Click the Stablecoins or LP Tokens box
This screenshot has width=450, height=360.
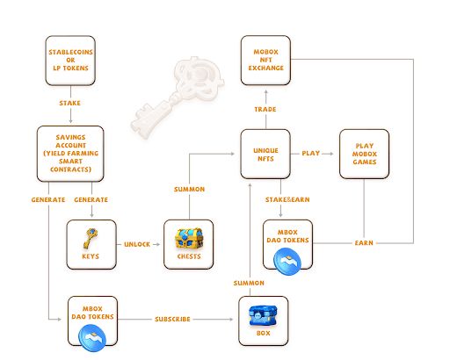(70, 61)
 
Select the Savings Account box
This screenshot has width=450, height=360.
(70, 154)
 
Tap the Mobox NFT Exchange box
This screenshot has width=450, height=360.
(265, 61)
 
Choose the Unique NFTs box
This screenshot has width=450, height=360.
(265, 154)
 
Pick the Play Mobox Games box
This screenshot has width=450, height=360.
(364, 154)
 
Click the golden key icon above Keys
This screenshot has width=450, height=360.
(91, 239)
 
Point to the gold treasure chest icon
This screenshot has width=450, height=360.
(189, 239)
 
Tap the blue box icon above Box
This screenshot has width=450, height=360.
(263, 315)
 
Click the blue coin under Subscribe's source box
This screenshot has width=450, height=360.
(92, 338)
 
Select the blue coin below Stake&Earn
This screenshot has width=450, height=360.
(287, 262)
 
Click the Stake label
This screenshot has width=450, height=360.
(69, 103)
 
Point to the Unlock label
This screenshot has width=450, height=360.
(137, 244)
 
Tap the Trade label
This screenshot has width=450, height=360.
(265, 110)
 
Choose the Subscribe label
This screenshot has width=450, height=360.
(172, 319)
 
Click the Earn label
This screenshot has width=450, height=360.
(364, 243)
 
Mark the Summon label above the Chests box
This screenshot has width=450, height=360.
(189, 190)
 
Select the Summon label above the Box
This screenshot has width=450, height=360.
(249, 283)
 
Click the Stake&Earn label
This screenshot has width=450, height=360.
(287, 199)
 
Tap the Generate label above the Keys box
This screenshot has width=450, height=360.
(91, 200)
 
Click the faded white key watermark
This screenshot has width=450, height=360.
(178, 97)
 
